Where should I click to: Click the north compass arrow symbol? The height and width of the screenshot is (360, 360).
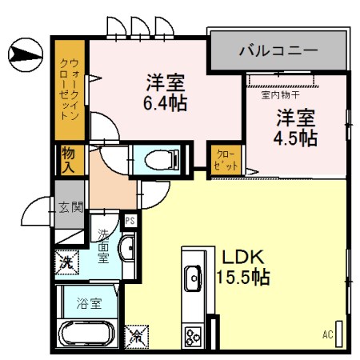pyautogui.click(x=24, y=55)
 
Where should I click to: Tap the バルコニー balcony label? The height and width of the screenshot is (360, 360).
pyautogui.click(x=278, y=52)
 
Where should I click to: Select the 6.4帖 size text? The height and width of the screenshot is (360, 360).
pyautogui.click(x=166, y=103)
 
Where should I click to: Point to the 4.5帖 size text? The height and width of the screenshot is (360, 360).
pyautogui.click(x=297, y=138)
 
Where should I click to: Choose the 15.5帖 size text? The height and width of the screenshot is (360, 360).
pyautogui.click(x=242, y=278)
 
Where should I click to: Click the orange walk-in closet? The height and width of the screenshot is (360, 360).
pyautogui.click(x=70, y=88)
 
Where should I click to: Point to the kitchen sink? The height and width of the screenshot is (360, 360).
pyautogui.click(x=193, y=279)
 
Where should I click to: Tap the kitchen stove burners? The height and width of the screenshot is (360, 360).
pyautogui.click(x=193, y=334)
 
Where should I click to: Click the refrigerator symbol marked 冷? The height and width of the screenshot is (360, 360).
pyautogui.click(x=136, y=336)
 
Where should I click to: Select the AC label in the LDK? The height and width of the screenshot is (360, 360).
pyautogui.click(x=327, y=334)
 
